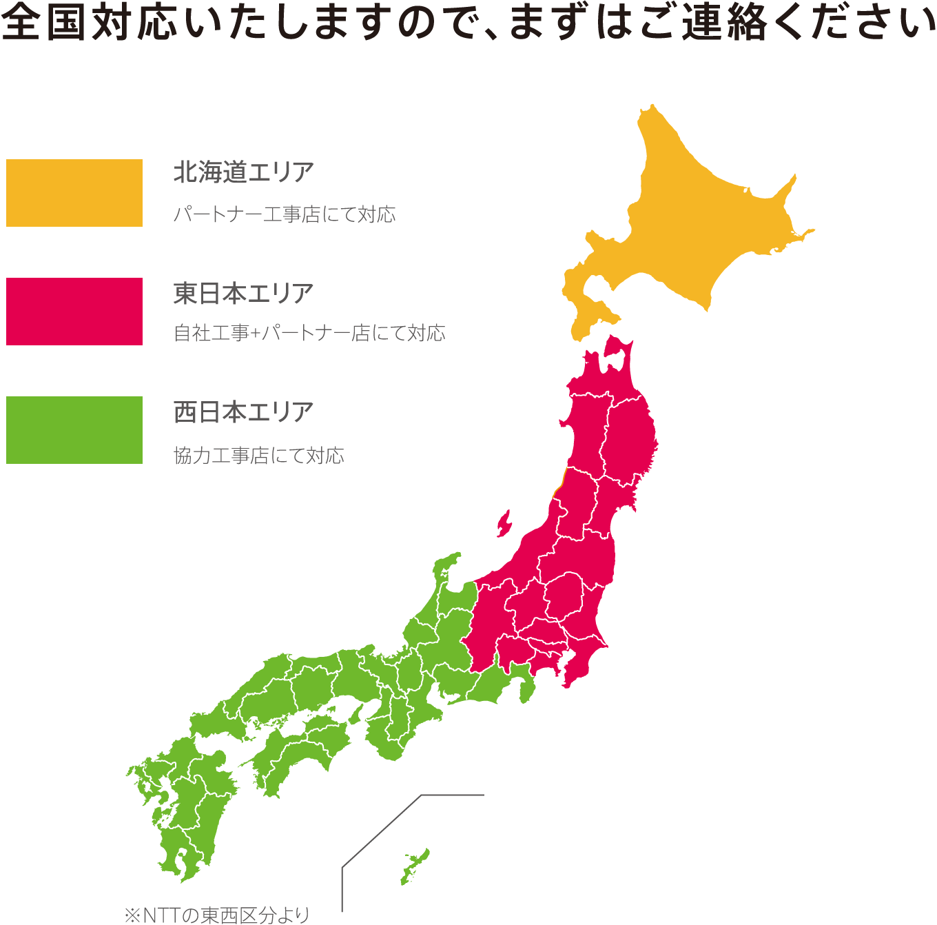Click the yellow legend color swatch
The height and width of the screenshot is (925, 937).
pos(74,193)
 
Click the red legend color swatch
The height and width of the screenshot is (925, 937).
pos(74,312)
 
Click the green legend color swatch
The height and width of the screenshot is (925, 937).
pos(74,430)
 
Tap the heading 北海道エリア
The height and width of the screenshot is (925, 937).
pos(243,172)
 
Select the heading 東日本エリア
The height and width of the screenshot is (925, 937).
pos(243,294)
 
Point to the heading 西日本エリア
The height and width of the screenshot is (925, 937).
pos(243,412)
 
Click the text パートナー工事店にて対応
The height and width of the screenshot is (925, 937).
pos(284,214)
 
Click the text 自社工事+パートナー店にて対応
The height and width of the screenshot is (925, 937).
pos(309,333)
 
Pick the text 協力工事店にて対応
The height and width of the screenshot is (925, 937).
pos(258,456)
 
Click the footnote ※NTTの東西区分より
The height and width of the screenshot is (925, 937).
pos(216,915)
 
